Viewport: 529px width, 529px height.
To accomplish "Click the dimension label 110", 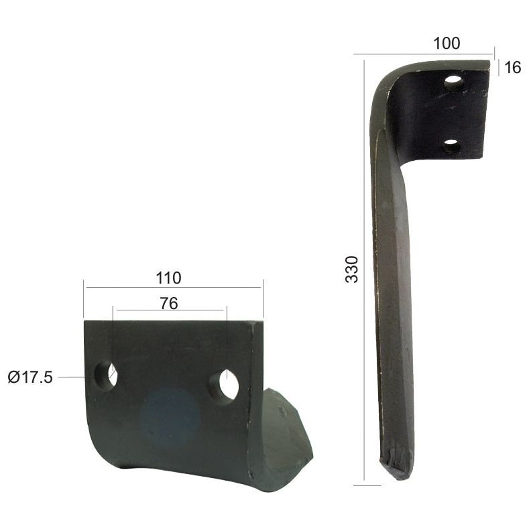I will [168, 277].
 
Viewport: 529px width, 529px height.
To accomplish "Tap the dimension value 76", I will [169, 303].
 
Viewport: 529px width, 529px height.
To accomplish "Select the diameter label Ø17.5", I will [30, 377].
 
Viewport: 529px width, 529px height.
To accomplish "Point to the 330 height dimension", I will [351, 269].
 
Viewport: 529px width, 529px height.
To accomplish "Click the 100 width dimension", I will [447, 44].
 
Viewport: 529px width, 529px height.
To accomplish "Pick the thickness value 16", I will [512, 68].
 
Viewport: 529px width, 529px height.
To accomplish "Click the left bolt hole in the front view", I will [107, 374].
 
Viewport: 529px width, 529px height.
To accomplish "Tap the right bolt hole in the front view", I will [225, 386].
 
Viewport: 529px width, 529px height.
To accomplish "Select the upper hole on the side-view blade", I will [454, 83].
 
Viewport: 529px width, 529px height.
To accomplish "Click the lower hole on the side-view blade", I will [451, 145].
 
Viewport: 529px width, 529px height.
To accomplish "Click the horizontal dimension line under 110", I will [173, 288].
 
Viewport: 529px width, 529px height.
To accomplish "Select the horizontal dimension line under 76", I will [169, 310].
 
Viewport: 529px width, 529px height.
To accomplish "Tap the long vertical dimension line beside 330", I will [363, 268].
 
